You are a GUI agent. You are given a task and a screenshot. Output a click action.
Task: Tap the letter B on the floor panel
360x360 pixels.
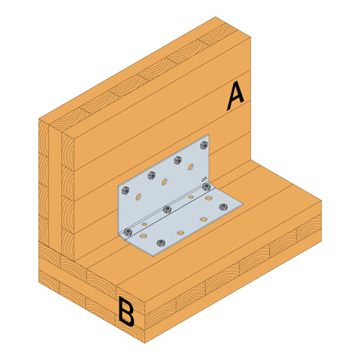pos(126,312)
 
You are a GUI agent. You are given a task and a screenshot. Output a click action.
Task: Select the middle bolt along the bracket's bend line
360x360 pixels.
pos(167,209)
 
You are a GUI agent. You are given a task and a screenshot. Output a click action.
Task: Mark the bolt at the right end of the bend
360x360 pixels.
pos(205,188)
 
